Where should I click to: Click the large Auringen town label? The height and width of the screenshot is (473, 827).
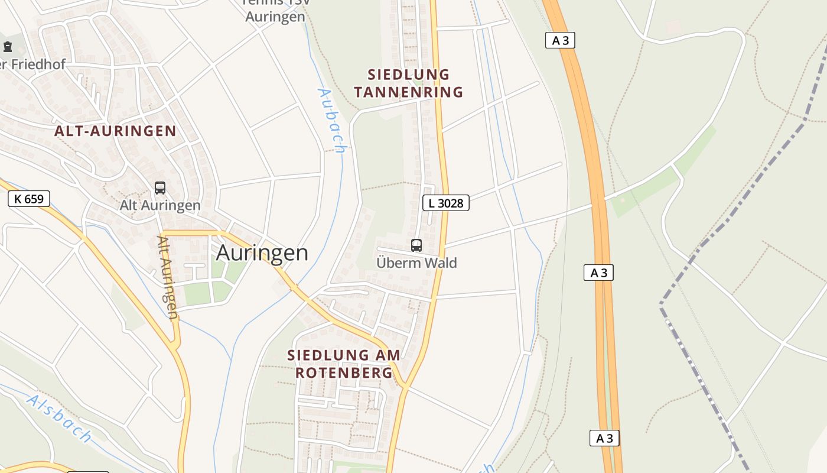pos(262,253)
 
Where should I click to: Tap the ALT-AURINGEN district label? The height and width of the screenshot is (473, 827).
pos(115,131)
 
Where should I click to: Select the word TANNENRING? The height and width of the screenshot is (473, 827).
pos(408,92)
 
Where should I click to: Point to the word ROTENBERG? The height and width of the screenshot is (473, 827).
pos(344,373)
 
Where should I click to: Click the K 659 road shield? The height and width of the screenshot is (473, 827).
pos(29,199)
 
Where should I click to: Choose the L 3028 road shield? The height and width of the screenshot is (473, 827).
pos(446,203)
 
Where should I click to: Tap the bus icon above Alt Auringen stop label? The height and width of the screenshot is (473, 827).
pos(159,188)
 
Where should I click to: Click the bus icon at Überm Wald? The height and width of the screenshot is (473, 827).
pos(416,245)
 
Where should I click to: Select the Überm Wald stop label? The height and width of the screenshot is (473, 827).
pos(416,263)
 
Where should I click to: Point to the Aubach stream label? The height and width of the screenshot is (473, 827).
pos(331,120)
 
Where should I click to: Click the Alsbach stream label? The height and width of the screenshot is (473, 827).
pos(59,419)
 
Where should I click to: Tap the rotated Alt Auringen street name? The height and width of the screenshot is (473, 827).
pos(167,278)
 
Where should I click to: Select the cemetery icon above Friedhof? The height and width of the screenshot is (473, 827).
pos(8,46)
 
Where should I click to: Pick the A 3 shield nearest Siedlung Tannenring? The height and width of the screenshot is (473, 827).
pos(559,40)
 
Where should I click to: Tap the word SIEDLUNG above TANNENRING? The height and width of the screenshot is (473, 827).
pos(409,75)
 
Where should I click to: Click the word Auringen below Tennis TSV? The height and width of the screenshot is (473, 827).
pos(275,17)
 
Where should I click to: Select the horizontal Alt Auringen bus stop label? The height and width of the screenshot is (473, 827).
pos(160,206)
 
